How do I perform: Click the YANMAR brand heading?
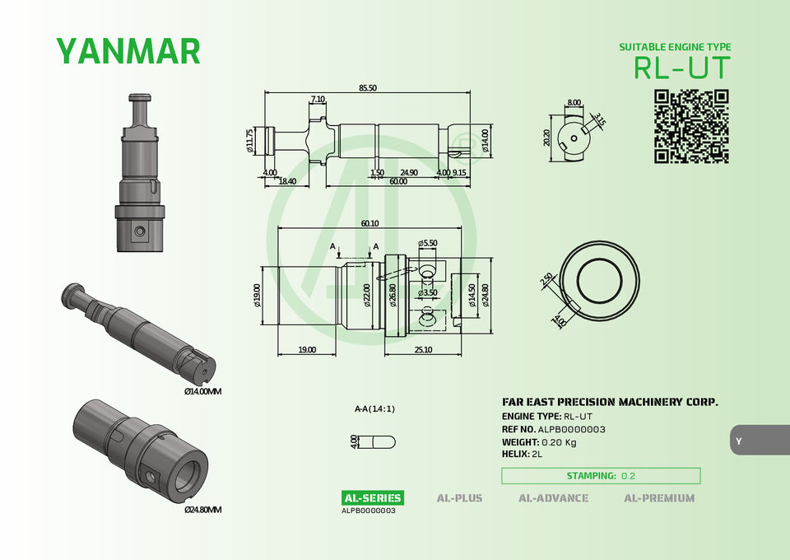point(128,51)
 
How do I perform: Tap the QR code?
point(691,127)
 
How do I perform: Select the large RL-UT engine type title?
point(681,68)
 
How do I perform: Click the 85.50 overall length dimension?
point(368,87)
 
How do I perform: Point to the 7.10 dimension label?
point(318,100)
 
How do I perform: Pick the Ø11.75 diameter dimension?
point(249,141)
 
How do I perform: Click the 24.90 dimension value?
point(409,172)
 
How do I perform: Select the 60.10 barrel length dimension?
point(369,223)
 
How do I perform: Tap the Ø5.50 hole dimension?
point(428,243)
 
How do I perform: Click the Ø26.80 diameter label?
point(393,295)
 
